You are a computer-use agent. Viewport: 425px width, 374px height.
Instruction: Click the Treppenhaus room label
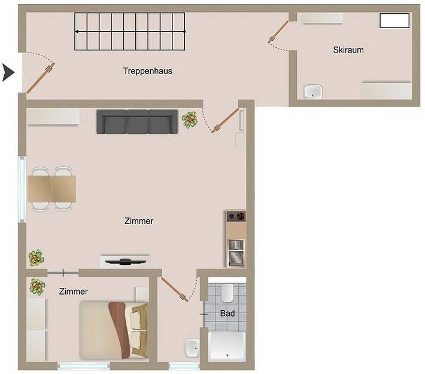(147, 71)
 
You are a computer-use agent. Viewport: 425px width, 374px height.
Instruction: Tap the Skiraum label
(348, 50)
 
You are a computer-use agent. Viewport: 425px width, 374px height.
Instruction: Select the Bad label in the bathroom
(227, 313)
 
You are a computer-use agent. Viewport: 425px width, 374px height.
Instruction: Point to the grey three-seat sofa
(138, 122)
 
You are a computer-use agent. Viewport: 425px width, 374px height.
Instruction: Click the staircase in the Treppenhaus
(130, 31)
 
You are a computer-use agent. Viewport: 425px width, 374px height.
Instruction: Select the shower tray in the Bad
(227, 347)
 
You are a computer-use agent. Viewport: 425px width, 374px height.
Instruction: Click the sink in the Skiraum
(312, 91)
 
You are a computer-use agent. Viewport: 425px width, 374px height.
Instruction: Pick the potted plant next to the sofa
(190, 120)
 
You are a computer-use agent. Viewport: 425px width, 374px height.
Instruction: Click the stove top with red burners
(236, 216)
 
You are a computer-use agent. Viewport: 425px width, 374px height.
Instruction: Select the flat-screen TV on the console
(125, 261)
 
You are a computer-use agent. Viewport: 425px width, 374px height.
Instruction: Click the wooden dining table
(51, 189)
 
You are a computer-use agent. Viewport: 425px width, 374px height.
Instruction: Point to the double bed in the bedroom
(114, 330)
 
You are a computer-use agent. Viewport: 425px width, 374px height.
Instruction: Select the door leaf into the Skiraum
(279, 33)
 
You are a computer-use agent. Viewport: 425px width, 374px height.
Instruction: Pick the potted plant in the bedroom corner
(37, 287)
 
